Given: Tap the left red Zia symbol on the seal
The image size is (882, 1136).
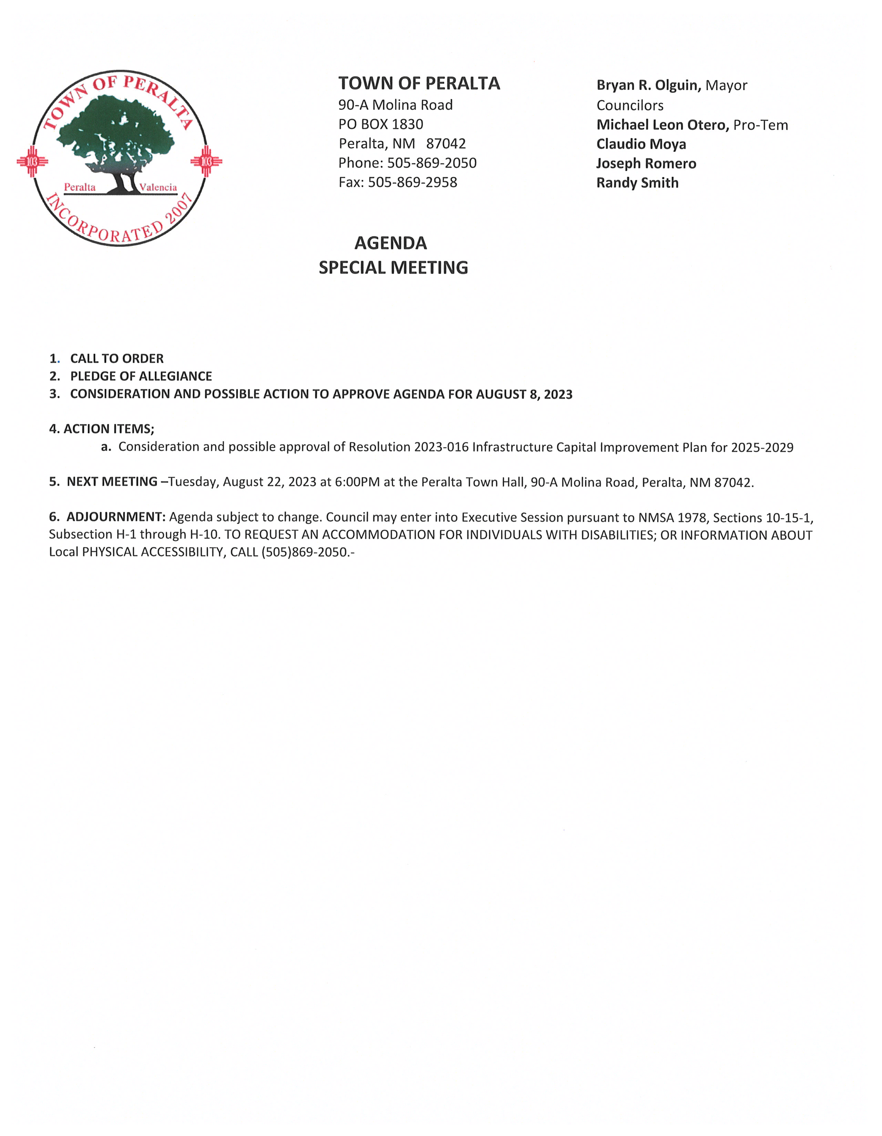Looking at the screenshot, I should [32, 161].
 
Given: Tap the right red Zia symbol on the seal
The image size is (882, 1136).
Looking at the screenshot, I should [206, 161].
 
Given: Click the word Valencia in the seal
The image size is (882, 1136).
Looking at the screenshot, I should [158, 187].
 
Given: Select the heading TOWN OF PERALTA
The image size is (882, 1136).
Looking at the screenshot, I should [419, 84].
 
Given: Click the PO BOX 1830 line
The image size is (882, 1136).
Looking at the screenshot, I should [381, 124].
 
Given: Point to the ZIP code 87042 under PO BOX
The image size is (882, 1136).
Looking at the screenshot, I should [446, 144].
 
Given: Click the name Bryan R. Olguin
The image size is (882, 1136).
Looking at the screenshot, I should [648, 85].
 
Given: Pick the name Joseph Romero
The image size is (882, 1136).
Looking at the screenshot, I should [646, 163].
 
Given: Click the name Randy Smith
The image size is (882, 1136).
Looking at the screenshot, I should [637, 183].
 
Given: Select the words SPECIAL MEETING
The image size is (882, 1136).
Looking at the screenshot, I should [393, 267].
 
